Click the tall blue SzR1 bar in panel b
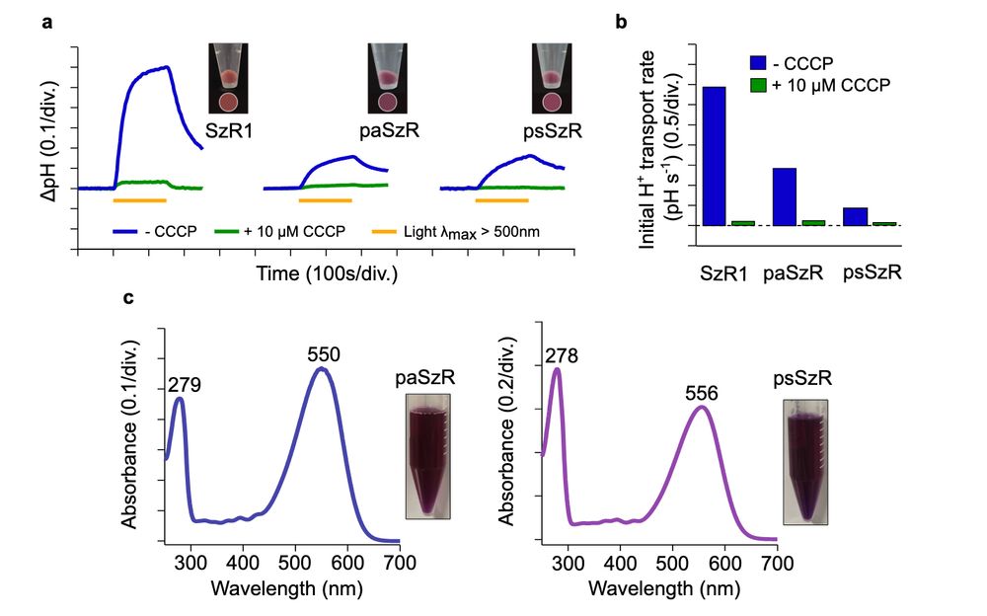click(x=715, y=156)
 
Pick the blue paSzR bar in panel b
click(x=785, y=196)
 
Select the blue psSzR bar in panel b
click(x=856, y=216)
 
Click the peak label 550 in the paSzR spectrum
click(x=323, y=353)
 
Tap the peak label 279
click(x=186, y=384)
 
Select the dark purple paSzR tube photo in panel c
click(x=428, y=455)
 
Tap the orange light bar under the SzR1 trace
click(x=140, y=200)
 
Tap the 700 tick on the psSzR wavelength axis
click(x=778, y=561)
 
